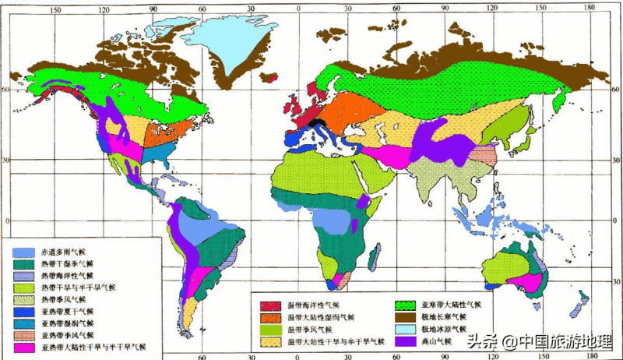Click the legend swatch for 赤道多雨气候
click(x=23, y=252)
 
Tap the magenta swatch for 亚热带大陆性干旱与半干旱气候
click(x=23, y=346)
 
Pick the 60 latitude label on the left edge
click(x=5, y=90)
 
